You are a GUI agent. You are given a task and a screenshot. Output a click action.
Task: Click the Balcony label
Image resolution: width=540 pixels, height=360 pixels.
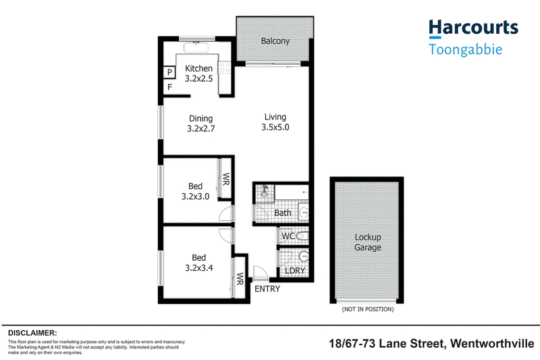tap(275, 41)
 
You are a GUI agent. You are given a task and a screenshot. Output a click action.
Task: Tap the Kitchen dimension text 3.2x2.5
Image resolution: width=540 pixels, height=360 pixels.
tap(198, 78)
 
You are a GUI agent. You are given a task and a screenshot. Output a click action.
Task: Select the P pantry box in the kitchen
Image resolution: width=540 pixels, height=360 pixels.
tap(169, 72)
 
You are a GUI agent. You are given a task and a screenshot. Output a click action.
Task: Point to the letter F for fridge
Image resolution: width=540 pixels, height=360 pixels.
tap(169, 87)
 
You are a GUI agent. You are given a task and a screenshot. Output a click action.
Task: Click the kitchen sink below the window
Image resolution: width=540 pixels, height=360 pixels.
tap(196, 47)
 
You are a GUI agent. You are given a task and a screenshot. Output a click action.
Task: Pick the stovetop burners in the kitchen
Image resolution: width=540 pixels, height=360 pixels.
tap(225, 68)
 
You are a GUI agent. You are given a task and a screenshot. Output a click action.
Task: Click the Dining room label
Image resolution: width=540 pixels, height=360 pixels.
tap(200, 118)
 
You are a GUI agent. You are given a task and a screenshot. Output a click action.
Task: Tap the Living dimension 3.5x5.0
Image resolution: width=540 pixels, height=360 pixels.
tap(275, 127)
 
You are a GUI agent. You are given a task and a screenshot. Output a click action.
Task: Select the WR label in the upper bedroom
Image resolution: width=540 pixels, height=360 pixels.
tap(226, 179)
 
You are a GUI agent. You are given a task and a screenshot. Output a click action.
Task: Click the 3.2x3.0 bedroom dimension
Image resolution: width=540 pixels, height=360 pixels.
tap(195, 197)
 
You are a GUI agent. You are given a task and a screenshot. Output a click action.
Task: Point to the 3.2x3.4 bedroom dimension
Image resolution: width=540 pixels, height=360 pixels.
tap(199, 267)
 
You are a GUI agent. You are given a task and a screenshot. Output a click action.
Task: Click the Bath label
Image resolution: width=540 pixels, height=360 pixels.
tap(283, 213)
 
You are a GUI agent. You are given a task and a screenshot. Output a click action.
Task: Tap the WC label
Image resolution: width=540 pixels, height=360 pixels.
tap(288, 236)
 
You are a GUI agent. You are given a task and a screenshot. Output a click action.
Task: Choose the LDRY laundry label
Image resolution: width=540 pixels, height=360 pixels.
tap(295, 271)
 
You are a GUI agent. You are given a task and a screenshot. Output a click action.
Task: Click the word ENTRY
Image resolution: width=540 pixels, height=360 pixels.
tap(267, 288)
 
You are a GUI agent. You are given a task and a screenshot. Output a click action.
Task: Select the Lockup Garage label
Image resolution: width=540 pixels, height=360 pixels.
tap(368, 242)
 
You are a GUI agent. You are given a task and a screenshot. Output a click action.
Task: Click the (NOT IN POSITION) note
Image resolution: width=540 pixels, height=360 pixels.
tap(368, 309)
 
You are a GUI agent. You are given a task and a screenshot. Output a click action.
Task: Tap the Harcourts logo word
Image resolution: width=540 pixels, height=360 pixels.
tap(474, 28)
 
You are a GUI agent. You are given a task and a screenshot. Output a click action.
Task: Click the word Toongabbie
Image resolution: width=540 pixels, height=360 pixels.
tap(465, 49)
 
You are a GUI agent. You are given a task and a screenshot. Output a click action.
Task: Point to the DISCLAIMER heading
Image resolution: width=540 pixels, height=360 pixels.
tap(32, 333)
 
